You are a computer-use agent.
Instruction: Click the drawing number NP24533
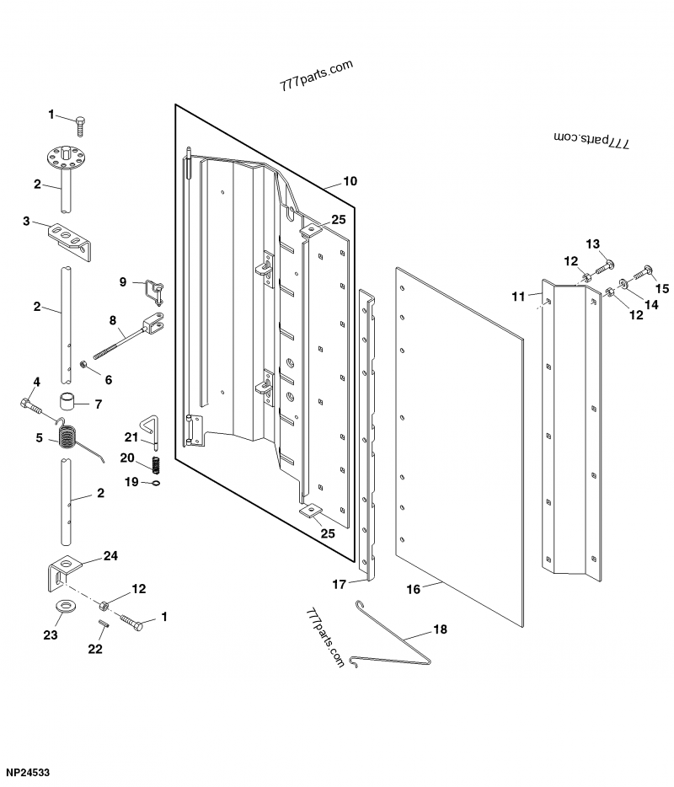(x=28, y=773)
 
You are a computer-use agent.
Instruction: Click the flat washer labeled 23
(x=65, y=605)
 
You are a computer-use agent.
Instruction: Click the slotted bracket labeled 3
(x=70, y=242)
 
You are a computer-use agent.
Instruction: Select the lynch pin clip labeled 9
(x=154, y=292)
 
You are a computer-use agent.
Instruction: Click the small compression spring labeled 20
(x=157, y=465)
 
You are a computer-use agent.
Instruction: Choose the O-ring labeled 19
(x=157, y=484)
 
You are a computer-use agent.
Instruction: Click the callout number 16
(x=413, y=589)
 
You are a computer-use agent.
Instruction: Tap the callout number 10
(x=350, y=181)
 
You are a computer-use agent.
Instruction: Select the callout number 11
(x=518, y=297)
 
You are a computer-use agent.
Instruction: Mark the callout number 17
(x=340, y=584)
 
